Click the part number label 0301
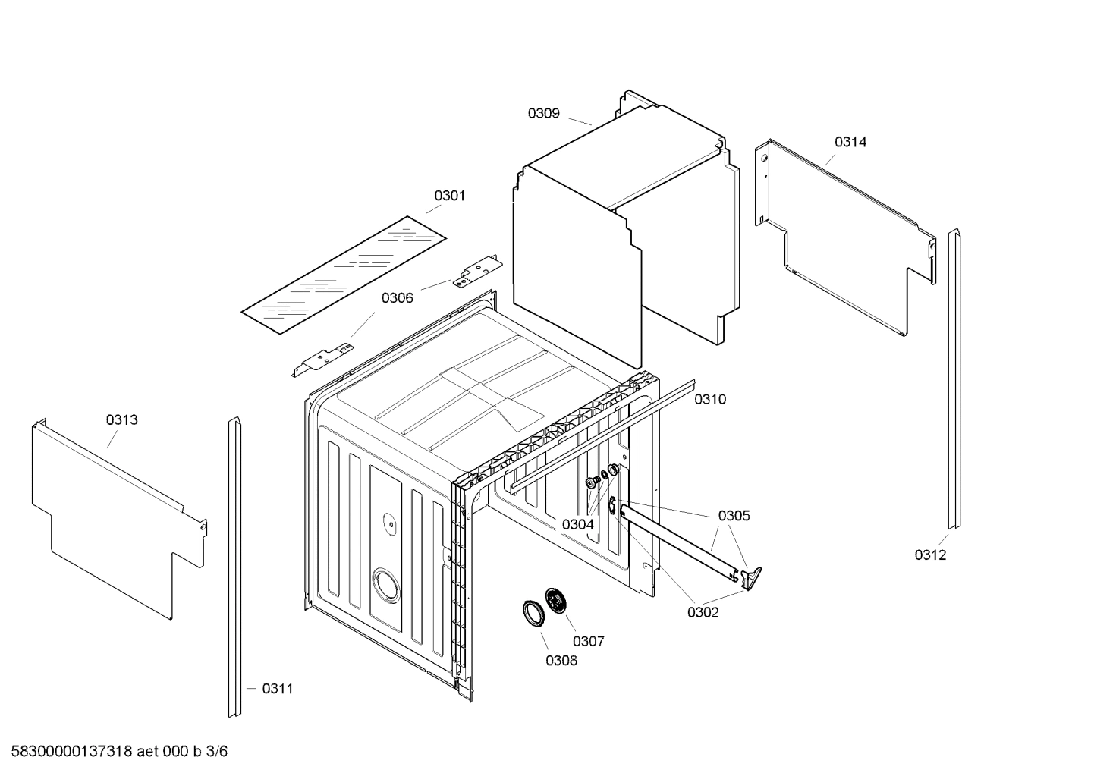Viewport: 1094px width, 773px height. coord(449,196)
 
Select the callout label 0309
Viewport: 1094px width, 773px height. coord(543,114)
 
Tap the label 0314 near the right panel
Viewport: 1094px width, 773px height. coord(850,142)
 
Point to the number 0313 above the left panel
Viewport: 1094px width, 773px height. coord(121,420)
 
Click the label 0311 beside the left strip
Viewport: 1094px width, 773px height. coord(277,689)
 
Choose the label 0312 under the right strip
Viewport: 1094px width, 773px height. coord(929,555)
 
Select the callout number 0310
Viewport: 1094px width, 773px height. coord(710,400)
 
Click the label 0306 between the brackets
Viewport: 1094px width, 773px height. coord(397,298)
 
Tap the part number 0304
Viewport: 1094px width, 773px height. coord(577,524)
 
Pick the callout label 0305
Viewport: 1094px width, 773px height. coord(734,516)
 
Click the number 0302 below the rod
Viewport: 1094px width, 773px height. coord(703,613)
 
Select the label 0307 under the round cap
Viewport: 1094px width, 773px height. coord(588,642)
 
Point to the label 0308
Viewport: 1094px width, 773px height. coord(561,661)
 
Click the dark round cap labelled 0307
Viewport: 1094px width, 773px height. coord(557,601)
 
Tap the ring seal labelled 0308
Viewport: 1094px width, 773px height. coord(533,613)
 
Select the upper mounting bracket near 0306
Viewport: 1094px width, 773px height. coord(476,272)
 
